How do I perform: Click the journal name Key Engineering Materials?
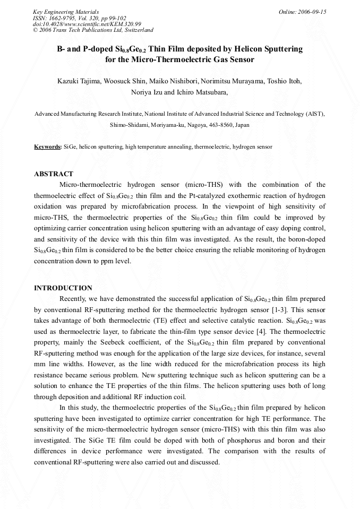(65, 11)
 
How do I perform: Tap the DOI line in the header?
(87, 24)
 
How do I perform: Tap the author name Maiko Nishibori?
(177, 81)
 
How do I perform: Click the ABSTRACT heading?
(54, 174)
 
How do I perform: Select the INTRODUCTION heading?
(63, 288)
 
